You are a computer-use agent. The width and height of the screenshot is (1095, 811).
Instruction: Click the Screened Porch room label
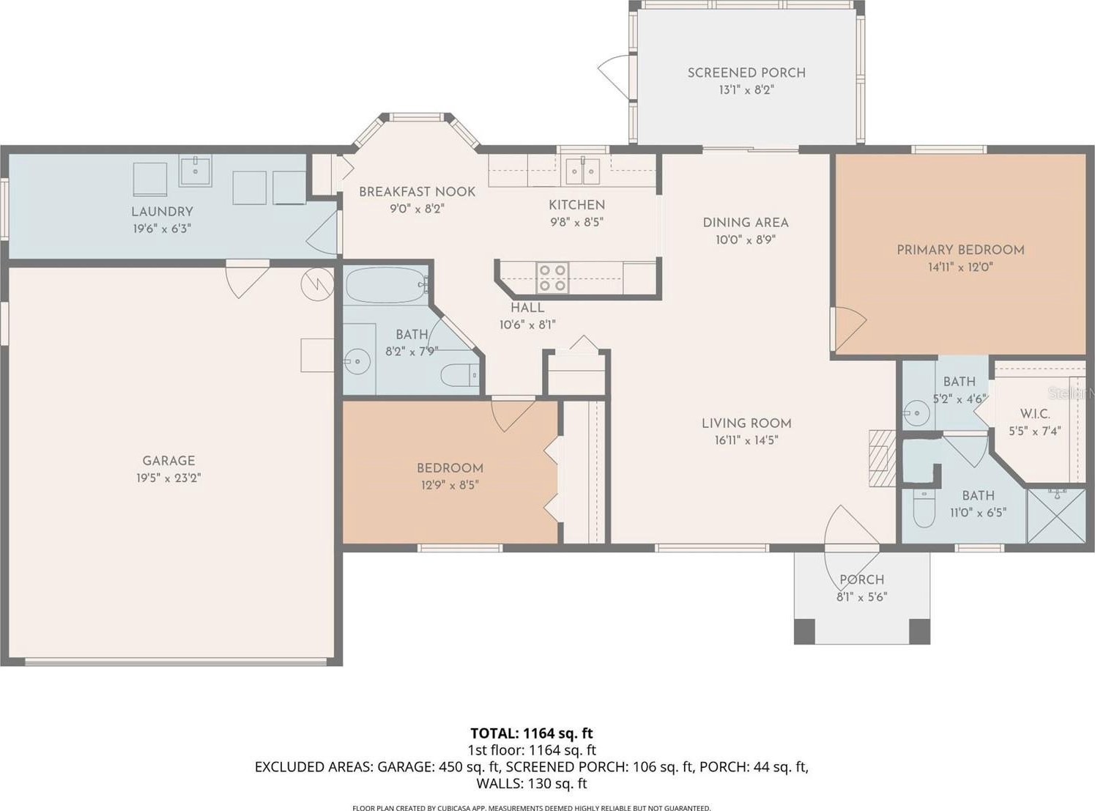click(x=746, y=73)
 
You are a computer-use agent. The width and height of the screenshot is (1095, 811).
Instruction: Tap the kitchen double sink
click(x=582, y=171)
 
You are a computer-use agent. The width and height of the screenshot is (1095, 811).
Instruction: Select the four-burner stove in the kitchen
click(x=552, y=278)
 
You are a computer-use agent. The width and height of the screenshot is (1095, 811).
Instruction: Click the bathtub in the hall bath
click(x=387, y=285)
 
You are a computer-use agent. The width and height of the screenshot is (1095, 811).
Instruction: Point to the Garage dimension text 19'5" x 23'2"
click(x=169, y=478)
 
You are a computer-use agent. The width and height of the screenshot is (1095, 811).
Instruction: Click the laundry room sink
click(x=195, y=171)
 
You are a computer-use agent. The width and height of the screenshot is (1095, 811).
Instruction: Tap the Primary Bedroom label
click(x=960, y=250)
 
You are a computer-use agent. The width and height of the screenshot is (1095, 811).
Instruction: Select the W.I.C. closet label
click(x=1035, y=414)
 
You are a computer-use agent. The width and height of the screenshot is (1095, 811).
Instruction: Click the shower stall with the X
click(x=1056, y=516)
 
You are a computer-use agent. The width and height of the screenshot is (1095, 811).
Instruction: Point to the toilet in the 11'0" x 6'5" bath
click(x=924, y=508)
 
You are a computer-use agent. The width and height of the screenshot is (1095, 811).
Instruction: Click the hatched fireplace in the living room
click(x=882, y=458)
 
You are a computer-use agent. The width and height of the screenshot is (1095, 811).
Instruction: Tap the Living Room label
click(x=746, y=423)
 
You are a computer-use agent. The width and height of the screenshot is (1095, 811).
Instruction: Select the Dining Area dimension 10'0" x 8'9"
click(x=746, y=240)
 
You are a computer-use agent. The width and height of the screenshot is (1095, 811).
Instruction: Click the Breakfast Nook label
click(x=417, y=192)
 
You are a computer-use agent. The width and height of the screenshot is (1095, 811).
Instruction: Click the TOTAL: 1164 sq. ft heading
click(x=532, y=733)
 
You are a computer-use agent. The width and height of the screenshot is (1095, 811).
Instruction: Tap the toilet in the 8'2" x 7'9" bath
click(x=460, y=375)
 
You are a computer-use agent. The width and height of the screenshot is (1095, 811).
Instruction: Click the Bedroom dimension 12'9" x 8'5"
click(x=450, y=486)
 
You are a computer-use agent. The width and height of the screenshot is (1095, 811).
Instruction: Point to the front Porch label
click(x=862, y=579)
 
